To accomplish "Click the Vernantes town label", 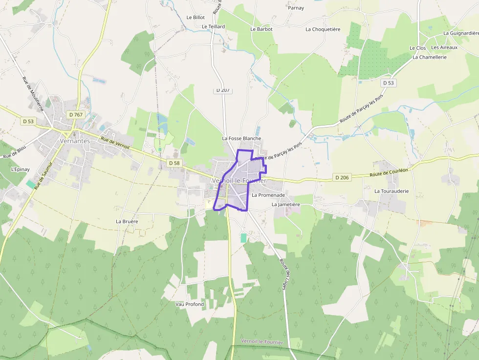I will tap(75, 141).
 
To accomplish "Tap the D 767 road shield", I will tap(76, 115).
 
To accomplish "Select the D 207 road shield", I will tap(222, 90).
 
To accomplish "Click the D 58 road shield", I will tap(174, 163).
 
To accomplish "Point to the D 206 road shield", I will tap(342, 177).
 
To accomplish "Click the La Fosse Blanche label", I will tap(241, 138).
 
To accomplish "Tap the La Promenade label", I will tap(268, 195).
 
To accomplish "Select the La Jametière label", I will tap(285, 204).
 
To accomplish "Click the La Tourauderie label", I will tap(392, 191).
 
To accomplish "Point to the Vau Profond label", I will tap(190, 304).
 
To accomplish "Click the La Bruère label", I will tap(127, 221).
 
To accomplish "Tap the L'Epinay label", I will tap(21, 169).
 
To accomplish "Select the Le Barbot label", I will tap(261, 29).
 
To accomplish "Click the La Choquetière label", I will tap(323, 29).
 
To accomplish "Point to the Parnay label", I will tap(296, 8).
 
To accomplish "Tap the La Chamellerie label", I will tap(430, 57).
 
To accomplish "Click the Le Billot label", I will tap(196, 18).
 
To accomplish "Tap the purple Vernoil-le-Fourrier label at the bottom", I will tap(262, 342).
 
